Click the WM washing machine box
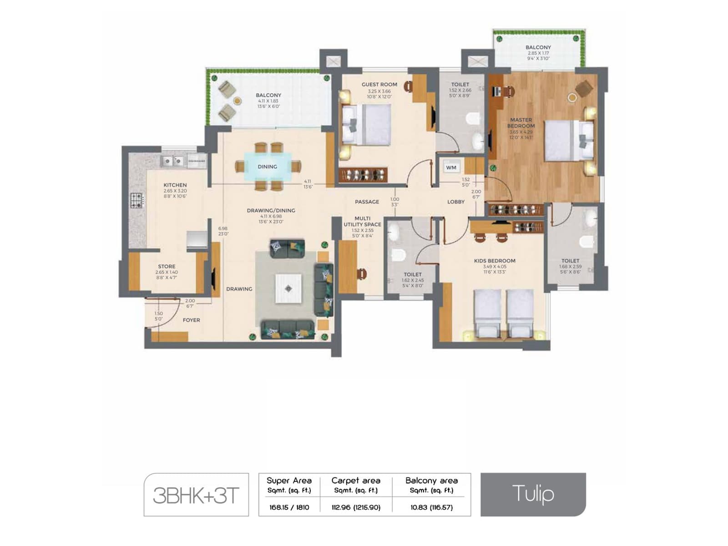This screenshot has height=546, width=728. [x=451, y=167]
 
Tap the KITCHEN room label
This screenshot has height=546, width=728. [x=175, y=185]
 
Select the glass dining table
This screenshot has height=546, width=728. [x=268, y=167]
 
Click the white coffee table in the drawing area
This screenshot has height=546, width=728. [x=288, y=288]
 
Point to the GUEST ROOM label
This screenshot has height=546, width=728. [x=379, y=85]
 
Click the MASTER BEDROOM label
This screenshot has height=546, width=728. [x=521, y=123]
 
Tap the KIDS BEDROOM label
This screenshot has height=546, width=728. [x=495, y=261]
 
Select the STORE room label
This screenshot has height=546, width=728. [x=167, y=267]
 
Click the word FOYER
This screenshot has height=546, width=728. [x=192, y=320]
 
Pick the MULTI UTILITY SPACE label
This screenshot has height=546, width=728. [x=362, y=222]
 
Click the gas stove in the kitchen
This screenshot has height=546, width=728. [x=137, y=200]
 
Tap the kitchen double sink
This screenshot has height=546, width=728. [x=172, y=161]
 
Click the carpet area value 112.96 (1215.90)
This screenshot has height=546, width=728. [x=356, y=507]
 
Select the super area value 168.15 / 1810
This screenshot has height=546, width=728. [x=289, y=507]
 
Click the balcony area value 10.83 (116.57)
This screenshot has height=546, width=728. [x=431, y=507]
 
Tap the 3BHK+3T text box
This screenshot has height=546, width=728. [x=196, y=495]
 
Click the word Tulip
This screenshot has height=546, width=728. [x=533, y=494]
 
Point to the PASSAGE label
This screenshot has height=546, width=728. [x=367, y=202]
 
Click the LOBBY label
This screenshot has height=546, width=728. [x=456, y=202]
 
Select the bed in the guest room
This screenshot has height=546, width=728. [x=367, y=125]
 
